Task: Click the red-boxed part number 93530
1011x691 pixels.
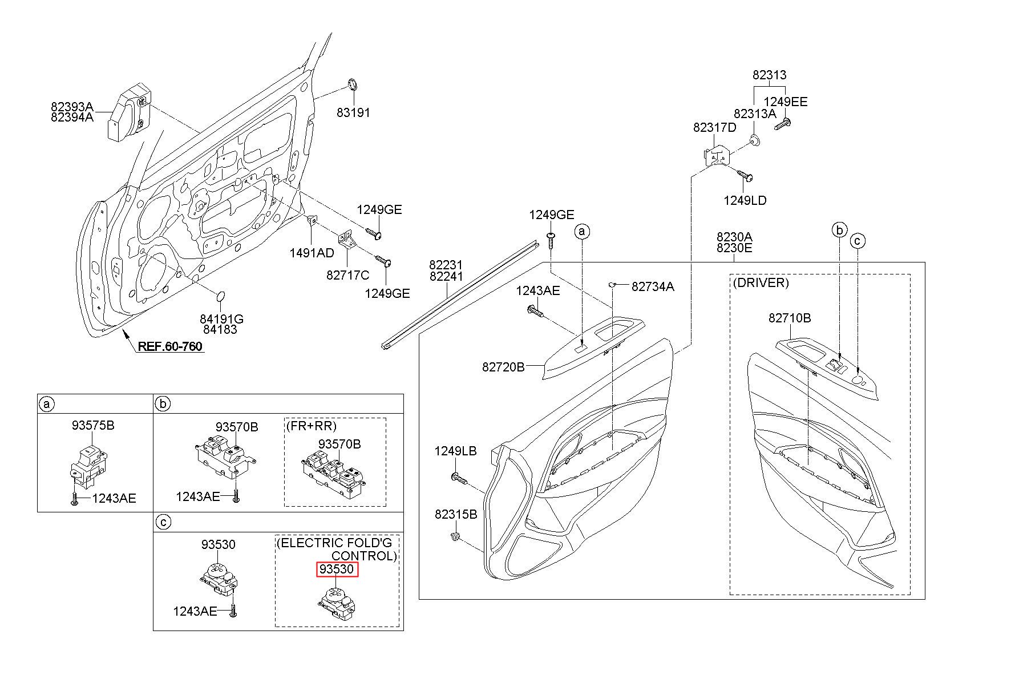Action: click(x=337, y=569)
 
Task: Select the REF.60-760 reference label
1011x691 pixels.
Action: click(x=170, y=346)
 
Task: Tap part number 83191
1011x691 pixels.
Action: click(x=353, y=112)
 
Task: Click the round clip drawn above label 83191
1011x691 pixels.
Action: click(x=352, y=86)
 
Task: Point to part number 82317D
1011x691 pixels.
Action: click(x=715, y=128)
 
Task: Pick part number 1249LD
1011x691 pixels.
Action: click(x=745, y=200)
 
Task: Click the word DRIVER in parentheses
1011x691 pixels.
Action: click(x=761, y=283)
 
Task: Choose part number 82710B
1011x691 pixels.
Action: click(x=790, y=318)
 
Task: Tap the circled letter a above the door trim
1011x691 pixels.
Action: click(x=582, y=232)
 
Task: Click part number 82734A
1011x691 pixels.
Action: click(x=653, y=286)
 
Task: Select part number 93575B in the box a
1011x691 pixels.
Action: click(x=93, y=425)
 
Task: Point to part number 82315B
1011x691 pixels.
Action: click(x=456, y=514)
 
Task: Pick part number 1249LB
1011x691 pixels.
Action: click(x=455, y=451)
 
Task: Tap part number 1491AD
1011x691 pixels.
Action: click(x=312, y=253)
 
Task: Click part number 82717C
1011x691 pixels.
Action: click(x=348, y=275)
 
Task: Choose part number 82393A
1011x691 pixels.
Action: click(x=72, y=107)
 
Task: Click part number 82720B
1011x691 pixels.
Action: click(x=503, y=367)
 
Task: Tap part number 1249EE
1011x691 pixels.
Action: click(x=786, y=102)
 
